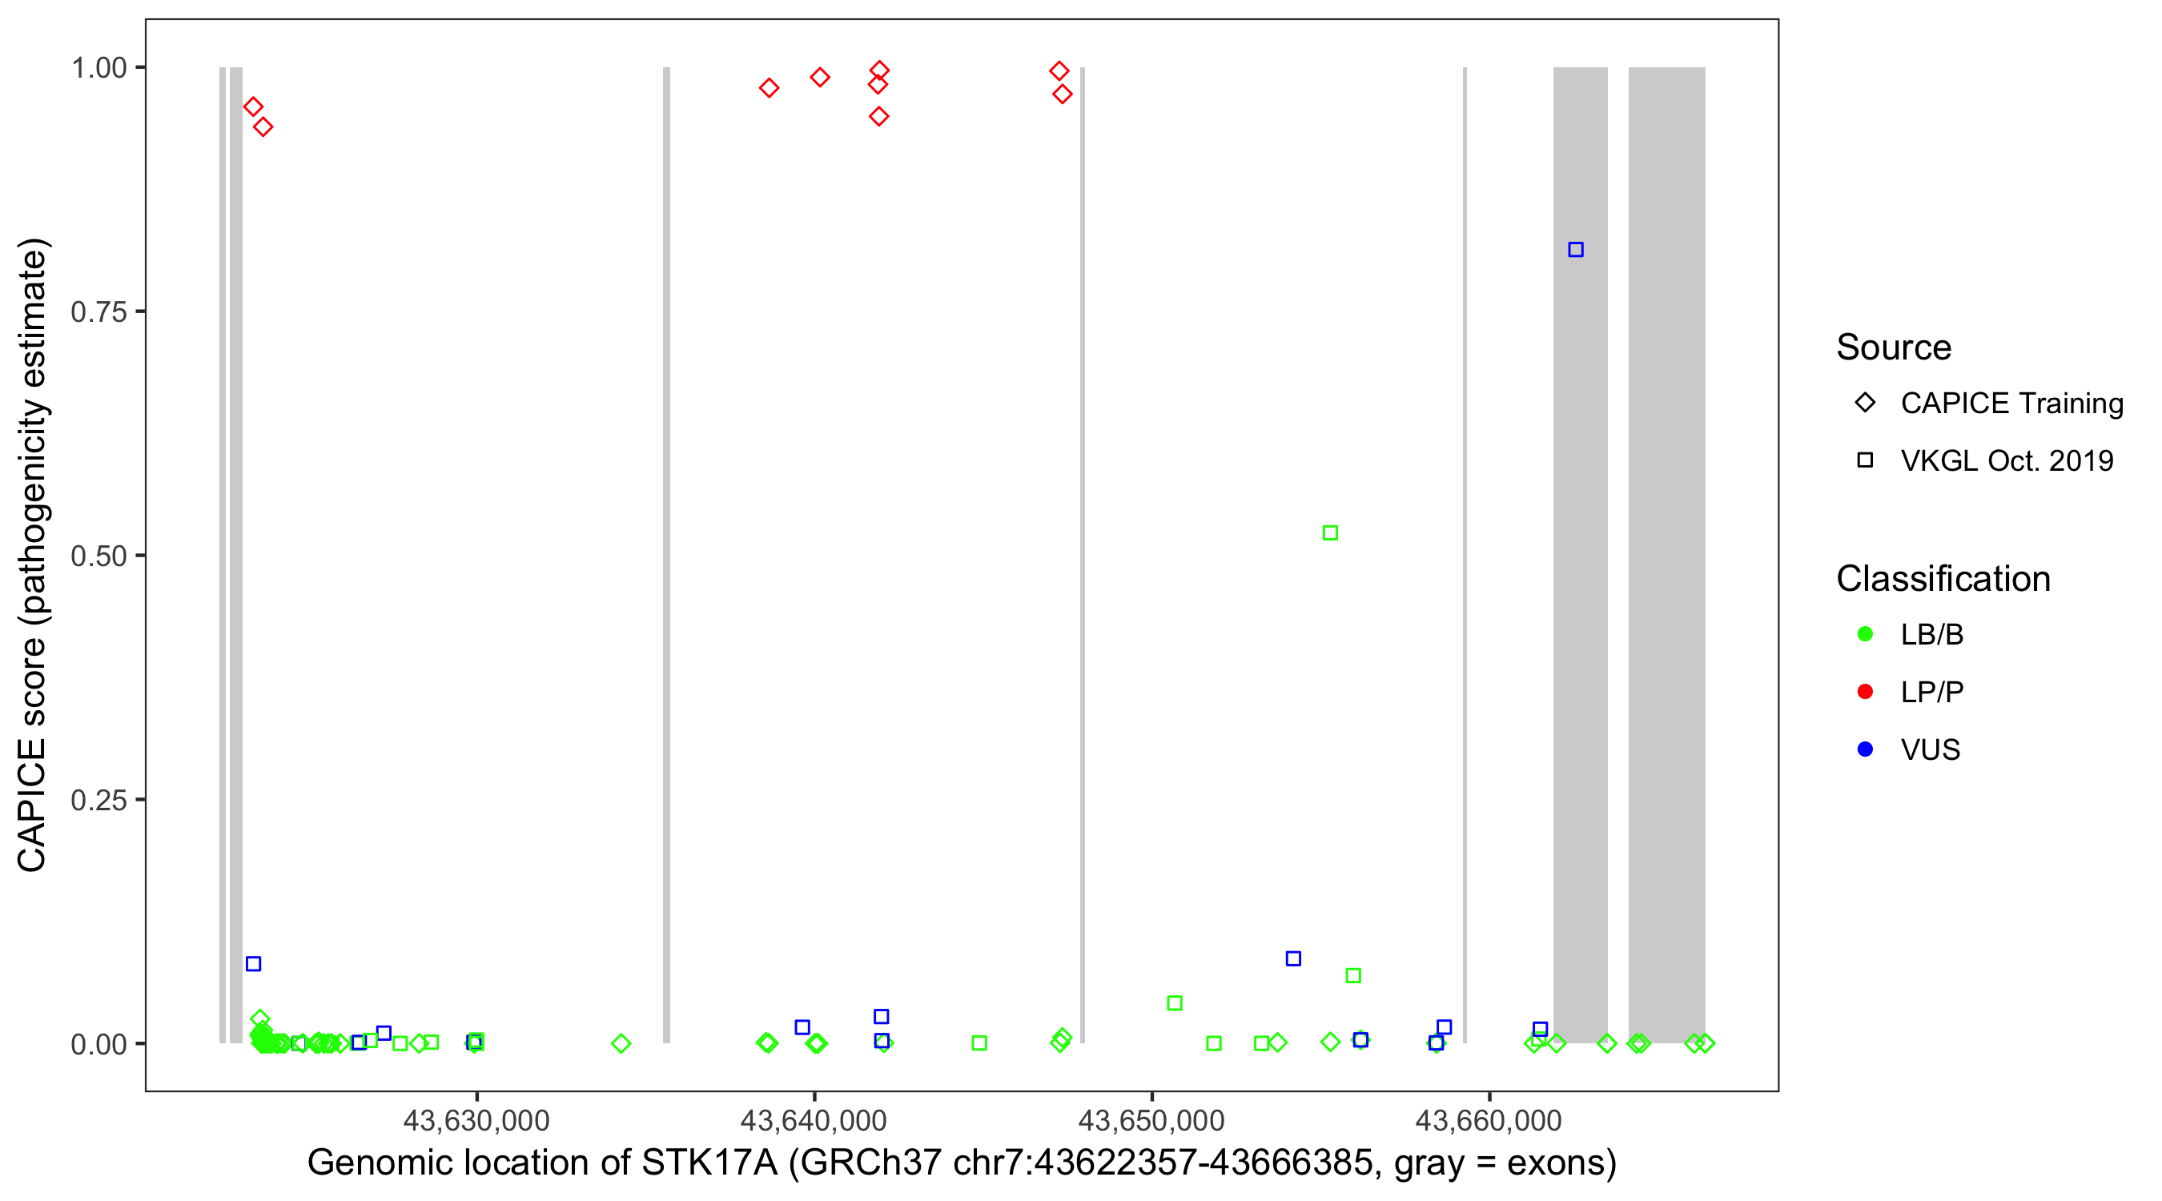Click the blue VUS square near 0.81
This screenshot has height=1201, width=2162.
[x=1575, y=249]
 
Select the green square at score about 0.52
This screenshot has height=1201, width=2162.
[x=1329, y=533]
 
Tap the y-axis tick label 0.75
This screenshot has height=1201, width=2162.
[x=98, y=312]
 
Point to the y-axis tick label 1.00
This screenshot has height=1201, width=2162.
[x=98, y=68]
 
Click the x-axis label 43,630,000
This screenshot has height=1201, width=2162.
[x=476, y=1120]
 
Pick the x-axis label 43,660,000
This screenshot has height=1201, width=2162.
[x=1488, y=1120]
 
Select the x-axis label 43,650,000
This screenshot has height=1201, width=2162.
[x=1151, y=1120]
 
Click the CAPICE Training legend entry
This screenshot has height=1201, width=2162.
[x=2011, y=404]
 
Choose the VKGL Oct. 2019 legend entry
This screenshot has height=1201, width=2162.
[x=2006, y=460]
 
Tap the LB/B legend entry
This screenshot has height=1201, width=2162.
[x=1931, y=634]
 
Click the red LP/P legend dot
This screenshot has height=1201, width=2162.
[x=1865, y=692]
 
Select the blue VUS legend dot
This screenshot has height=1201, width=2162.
[x=1865, y=749]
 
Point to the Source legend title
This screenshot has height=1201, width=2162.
[x=1894, y=347]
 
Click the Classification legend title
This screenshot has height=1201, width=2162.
[x=1943, y=579]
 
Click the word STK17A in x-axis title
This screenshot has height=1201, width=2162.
[x=709, y=1163]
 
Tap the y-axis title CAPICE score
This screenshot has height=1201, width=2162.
[x=32, y=555]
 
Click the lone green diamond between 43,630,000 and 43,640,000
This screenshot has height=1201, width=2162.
[x=621, y=1043]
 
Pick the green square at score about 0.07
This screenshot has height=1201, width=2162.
[x=1353, y=975]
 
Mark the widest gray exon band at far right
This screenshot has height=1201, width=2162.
[x=1666, y=554]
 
